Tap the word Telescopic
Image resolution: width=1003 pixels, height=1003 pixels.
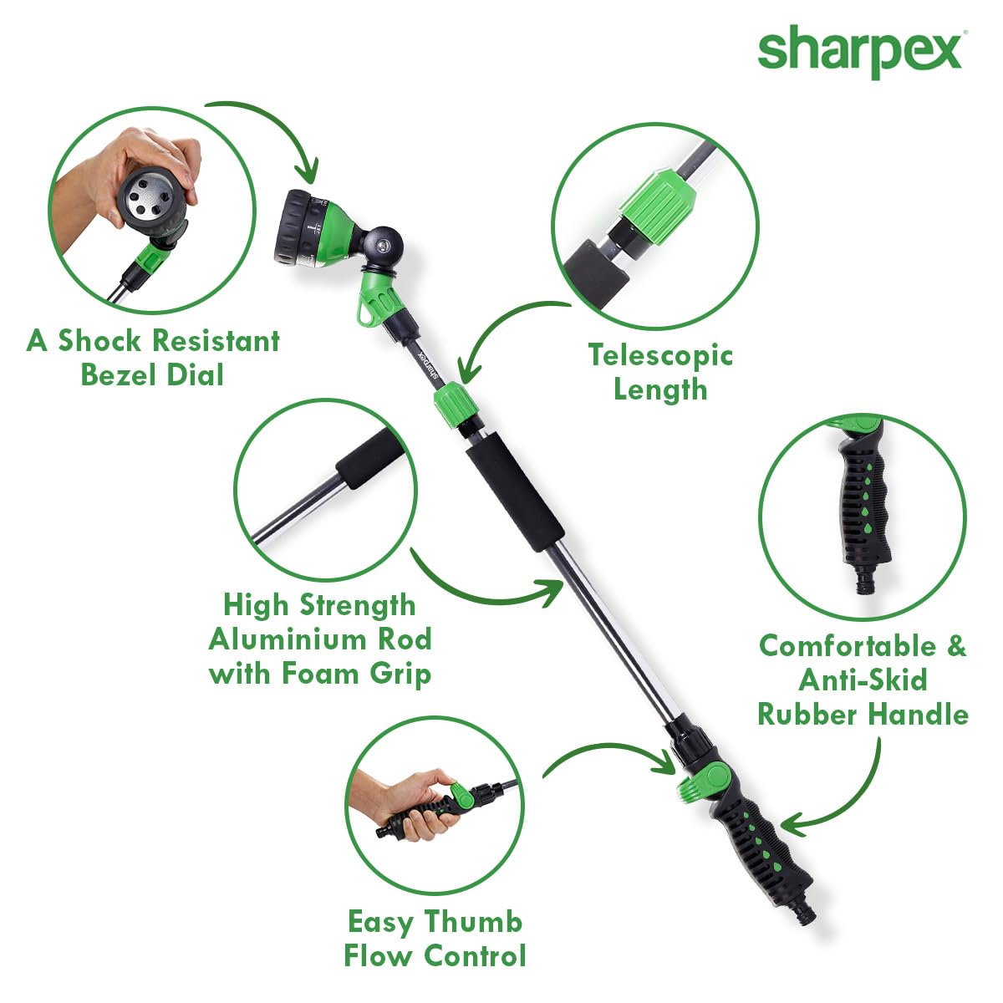tap(660, 355)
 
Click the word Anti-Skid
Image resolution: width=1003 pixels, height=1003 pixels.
tap(863, 680)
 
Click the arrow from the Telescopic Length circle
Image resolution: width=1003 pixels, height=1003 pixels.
tap(501, 330)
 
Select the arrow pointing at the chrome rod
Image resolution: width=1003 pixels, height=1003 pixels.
tap(485, 589)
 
